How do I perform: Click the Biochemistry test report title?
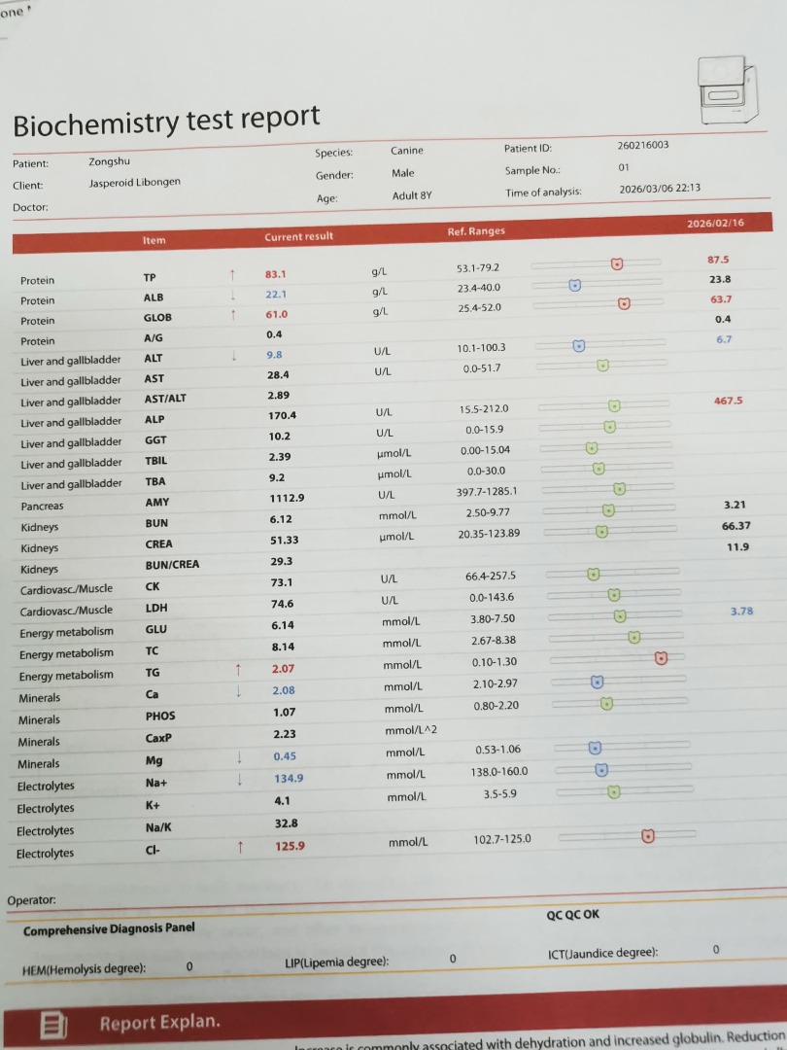(166, 122)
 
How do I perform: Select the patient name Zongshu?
(109, 162)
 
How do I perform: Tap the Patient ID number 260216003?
(642, 146)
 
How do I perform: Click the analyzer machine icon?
(728, 91)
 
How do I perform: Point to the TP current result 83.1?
(276, 275)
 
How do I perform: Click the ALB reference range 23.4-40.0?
(478, 288)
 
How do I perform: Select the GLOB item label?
(158, 318)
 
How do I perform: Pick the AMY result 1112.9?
(286, 499)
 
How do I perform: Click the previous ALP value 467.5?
(728, 401)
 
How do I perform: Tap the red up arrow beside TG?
(237, 670)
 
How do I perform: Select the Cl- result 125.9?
(289, 846)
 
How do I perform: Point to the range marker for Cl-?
(647, 836)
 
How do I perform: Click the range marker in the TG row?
(662, 658)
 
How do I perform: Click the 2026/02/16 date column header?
(714, 224)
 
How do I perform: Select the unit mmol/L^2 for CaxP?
(412, 730)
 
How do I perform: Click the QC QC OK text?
(573, 915)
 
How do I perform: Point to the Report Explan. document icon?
(53, 1024)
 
